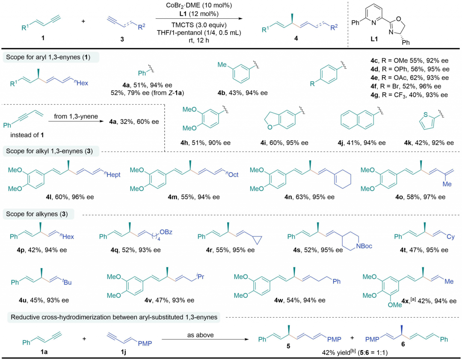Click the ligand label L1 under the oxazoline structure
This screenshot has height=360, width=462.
374,39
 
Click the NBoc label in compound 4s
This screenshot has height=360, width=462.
364,246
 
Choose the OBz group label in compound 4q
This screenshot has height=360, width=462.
166,232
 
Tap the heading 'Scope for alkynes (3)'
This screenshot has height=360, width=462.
37,214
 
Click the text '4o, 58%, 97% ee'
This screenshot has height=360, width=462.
421,197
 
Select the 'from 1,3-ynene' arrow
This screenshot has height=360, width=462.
76,121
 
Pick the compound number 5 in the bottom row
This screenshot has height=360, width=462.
288,346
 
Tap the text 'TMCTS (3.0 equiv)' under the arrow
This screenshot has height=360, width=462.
199,25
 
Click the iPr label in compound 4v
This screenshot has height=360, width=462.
200,277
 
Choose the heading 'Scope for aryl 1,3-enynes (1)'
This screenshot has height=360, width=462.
48,57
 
